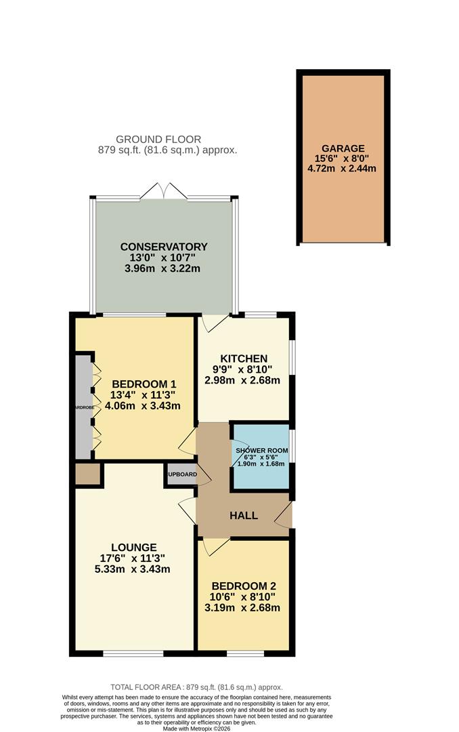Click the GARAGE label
tap(343, 148)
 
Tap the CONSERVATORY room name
tap(163, 247)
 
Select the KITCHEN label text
tap(243, 359)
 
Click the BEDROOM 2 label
tap(243, 586)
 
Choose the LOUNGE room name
tap(134, 547)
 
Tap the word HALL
tap(243, 516)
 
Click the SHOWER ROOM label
tap(261, 451)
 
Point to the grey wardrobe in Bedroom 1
tap(82, 407)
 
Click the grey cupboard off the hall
tap(181, 474)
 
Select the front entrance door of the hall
tap(284, 515)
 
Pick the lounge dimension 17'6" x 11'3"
tap(134, 558)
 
